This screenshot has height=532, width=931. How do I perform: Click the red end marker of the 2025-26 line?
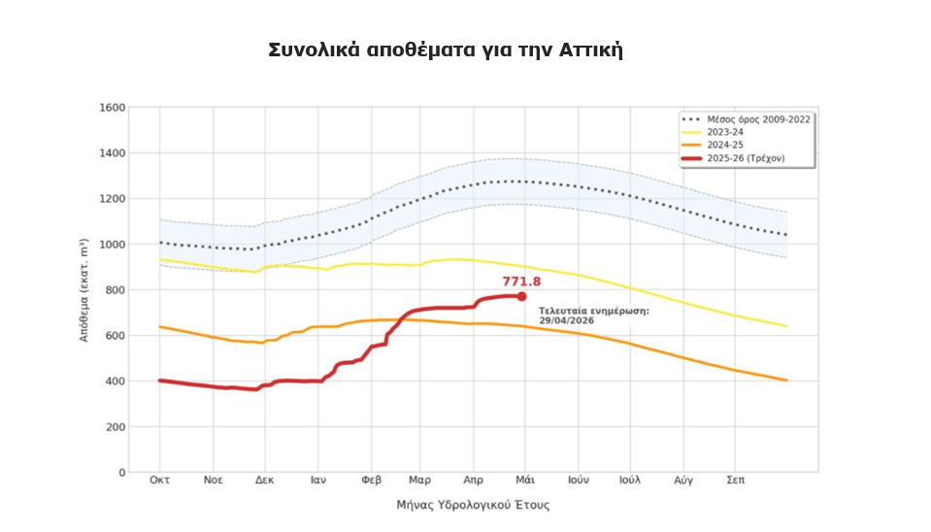point(521,296)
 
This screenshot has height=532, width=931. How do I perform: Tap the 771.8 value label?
point(521,282)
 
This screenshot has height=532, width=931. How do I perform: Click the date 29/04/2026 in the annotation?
point(565,320)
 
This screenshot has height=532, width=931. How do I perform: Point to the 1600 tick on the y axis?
point(114,108)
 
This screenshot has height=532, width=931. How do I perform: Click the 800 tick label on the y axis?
point(116,290)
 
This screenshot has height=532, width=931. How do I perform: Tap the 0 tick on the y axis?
point(122,473)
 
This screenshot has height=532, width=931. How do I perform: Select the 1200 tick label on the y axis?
point(114,199)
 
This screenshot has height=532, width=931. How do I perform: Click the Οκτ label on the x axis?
point(160,480)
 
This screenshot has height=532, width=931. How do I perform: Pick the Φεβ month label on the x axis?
point(370,480)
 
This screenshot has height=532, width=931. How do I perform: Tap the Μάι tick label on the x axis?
point(526,480)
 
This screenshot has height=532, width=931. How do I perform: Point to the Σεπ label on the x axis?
point(735,480)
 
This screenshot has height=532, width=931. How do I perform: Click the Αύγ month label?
point(682,480)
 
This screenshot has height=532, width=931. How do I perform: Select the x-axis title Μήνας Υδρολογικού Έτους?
point(473,505)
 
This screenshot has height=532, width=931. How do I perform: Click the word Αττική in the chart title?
point(592,50)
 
